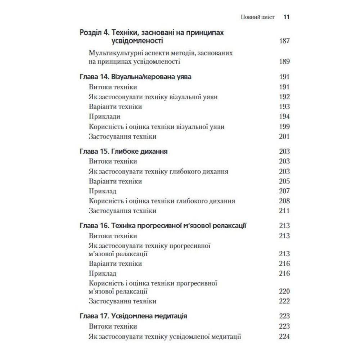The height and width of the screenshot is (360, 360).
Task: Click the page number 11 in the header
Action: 287,17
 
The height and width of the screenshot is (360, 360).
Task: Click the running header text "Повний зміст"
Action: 257,17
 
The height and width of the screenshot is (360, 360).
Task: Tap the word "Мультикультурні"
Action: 115,53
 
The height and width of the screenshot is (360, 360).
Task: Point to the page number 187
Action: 284,41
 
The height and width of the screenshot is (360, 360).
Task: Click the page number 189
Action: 284,62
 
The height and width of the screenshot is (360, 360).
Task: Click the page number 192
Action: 284,97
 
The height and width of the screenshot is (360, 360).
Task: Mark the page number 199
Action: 284,127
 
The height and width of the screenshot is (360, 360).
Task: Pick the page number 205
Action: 284,181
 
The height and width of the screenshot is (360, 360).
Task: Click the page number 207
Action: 284,191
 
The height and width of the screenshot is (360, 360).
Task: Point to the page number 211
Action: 284,211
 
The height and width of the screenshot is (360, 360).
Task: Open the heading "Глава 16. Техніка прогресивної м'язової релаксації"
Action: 162,226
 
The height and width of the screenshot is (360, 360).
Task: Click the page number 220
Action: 284,291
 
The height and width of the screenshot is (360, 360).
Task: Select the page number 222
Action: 284,301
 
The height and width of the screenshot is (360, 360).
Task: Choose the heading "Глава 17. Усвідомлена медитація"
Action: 132,316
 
